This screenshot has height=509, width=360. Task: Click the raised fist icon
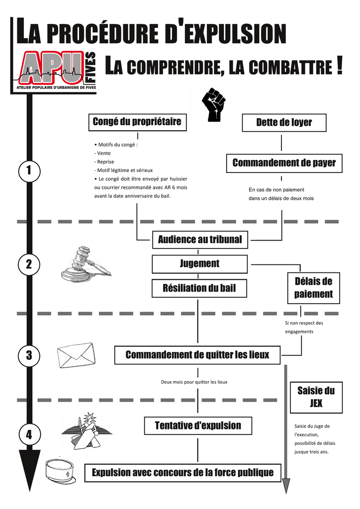(x=213, y=104)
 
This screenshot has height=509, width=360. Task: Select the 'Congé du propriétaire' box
(x=138, y=122)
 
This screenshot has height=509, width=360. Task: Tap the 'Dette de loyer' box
(x=284, y=123)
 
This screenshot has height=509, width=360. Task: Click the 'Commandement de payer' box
(x=284, y=163)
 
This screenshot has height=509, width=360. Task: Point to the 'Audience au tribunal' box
(x=200, y=240)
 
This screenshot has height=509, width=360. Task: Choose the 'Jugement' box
(x=199, y=264)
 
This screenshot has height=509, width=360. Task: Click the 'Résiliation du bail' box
(x=199, y=288)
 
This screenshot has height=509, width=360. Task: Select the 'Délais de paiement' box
(x=314, y=288)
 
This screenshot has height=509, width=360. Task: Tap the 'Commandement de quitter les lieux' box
(x=197, y=355)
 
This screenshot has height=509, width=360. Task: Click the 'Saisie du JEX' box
(x=316, y=397)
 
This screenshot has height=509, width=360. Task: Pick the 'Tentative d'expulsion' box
(x=198, y=425)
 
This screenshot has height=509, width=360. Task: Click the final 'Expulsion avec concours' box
(x=183, y=473)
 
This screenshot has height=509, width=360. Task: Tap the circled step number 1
(x=29, y=171)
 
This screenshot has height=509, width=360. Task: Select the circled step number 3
(x=29, y=355)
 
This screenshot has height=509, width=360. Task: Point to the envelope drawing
(x=77, y=355)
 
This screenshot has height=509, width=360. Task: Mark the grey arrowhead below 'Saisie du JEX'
(x=286, y=486)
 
